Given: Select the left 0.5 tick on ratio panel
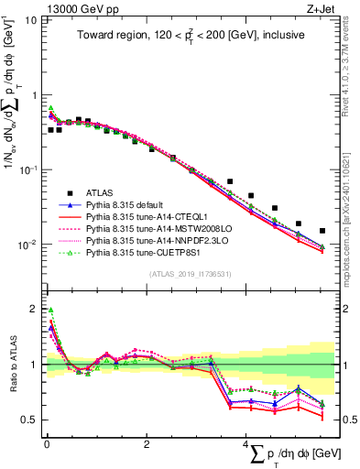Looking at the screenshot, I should (x=28, y=420).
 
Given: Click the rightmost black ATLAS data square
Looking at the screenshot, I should (x=322, y=231).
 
